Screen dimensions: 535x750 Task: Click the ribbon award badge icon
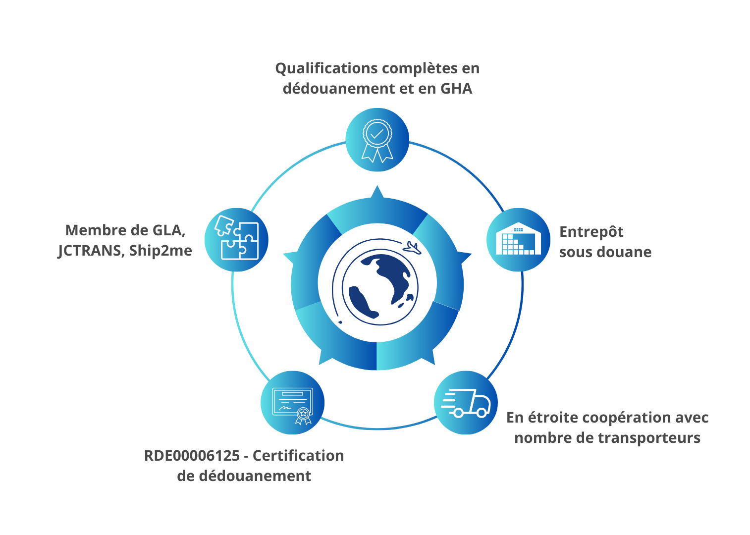tap(377, 140)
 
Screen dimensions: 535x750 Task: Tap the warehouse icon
tap(518, 240)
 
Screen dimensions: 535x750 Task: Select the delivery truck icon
tap(466, 403)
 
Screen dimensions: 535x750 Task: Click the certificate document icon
tap(292, 403)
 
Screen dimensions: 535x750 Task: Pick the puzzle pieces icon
tap(236, 240)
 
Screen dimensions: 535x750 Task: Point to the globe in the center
tap(380, 286)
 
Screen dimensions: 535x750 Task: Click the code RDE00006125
tap(192, 456)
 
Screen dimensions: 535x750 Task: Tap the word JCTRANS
tap(89, 251)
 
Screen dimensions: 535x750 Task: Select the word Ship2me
tap(161, 251)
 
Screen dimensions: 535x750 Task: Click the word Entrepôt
tap(591, 232)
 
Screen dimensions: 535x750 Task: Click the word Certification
tap(298, 456)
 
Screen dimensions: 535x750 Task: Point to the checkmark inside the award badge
tap(377, 133)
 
